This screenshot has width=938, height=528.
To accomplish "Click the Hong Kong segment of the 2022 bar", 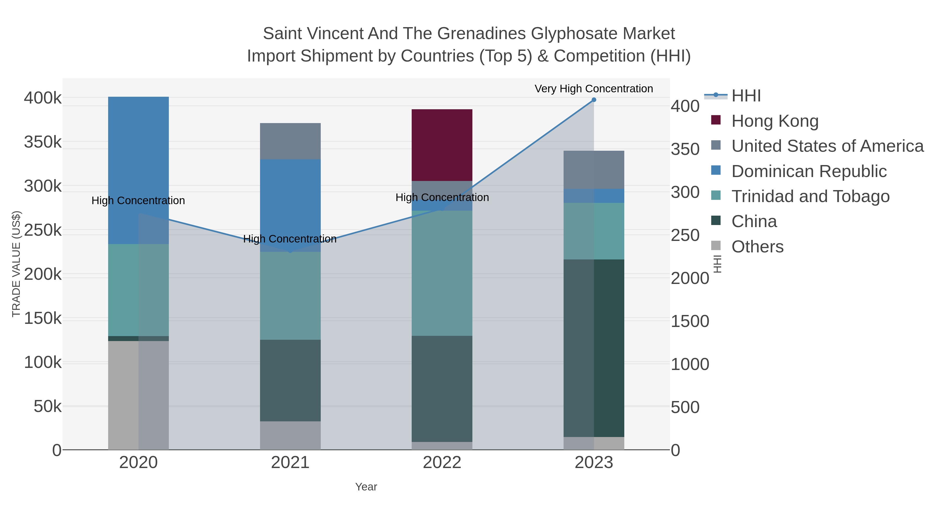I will point(442,145).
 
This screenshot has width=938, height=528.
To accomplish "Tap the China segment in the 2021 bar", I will point(290,380).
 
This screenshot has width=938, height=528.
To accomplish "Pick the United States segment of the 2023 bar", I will point(594,169).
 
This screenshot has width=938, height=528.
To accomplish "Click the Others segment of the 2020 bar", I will point(138,395).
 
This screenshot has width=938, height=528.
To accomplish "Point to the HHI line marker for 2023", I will point(594,100).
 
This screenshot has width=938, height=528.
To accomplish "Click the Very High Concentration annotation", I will point(594,89).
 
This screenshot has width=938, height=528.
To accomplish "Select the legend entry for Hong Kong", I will point(775,121).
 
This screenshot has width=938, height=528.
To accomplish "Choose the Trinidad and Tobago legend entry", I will point(810,196).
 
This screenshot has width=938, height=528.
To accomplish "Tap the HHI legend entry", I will point(746,96).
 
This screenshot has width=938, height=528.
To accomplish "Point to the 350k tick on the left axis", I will point(43,142).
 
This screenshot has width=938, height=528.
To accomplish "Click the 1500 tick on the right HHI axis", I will point(690,321).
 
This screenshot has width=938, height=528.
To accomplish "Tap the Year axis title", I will point(366,487).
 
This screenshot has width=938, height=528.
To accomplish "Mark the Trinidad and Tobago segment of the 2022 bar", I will point(442,273).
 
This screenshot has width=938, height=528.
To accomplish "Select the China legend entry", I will point(754,222).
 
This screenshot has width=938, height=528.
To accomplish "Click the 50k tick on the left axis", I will point(47,406).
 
